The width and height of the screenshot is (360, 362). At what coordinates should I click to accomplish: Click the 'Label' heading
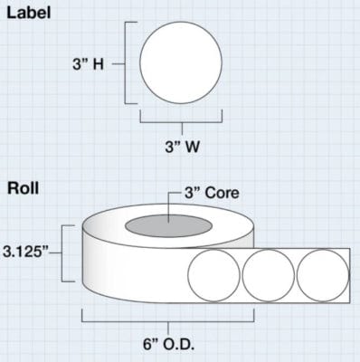coord(30,13)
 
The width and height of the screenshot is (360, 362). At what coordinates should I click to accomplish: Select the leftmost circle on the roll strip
coord(215,273)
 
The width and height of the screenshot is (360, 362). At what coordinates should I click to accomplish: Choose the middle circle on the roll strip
coord(267,273)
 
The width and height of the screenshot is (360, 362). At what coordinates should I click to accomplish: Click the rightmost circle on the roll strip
coord(321,273)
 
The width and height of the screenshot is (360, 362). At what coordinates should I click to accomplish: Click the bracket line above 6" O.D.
coord(167,319)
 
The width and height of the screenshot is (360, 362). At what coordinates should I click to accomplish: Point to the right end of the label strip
coord(350,273)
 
